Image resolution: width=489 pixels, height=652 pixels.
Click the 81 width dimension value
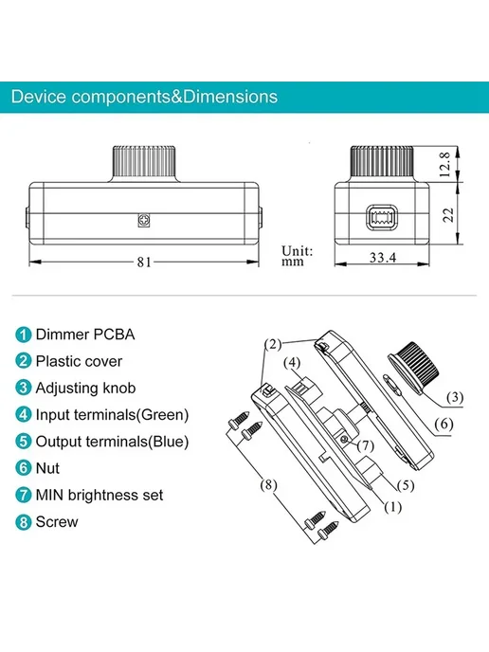click(144, 262)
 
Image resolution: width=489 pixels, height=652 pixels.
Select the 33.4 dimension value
click(383, 258)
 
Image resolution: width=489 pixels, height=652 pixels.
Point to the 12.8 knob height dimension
click(444, 164)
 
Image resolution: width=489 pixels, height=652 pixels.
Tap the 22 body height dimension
click(448, 215)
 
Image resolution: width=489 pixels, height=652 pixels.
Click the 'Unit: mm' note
click(297, 256)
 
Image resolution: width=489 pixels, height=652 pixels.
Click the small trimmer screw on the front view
click(144, 220)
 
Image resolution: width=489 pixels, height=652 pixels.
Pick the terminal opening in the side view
click(382, 217)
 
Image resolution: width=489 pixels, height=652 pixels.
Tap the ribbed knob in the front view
click(144, 161)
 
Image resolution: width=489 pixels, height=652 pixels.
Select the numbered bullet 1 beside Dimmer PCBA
click(24, 335)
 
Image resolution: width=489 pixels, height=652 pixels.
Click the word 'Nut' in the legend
click(47, 468)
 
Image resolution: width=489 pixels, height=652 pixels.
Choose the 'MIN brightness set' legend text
click(100, 495)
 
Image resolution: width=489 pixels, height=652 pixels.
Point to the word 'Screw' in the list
click(57, 522)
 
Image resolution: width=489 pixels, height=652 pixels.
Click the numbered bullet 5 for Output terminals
click(24, 442)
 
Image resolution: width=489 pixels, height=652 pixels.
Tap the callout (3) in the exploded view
click(455, 397)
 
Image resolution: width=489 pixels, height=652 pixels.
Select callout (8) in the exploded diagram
click(268, 485)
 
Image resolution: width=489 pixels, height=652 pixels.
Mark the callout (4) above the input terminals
click(292, 363)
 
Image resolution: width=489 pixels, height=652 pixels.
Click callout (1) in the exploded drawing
click(392, 507)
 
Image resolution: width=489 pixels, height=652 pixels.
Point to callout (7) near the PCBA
click(366, 445)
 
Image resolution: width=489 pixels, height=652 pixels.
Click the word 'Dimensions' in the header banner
click(230, 97)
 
